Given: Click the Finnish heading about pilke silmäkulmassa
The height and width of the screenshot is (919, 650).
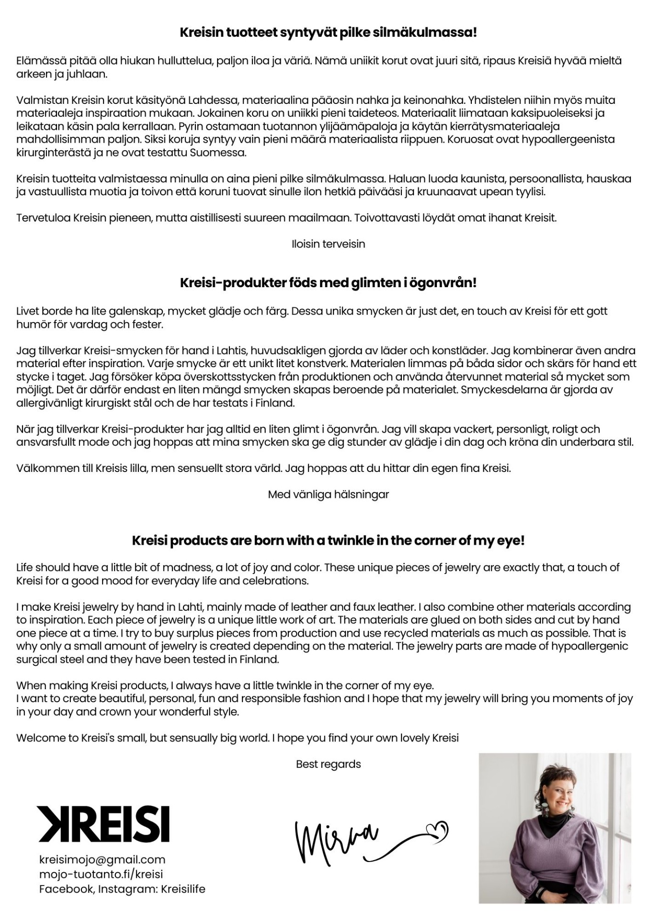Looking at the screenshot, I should pos(328,33).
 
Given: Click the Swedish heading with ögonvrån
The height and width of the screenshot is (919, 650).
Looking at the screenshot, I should pos(328,283).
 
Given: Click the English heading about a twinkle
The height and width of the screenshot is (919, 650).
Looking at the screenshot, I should pos(328,541).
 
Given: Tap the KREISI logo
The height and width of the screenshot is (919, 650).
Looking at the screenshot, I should pos(103,824).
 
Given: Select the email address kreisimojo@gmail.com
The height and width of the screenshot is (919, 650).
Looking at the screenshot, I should pos(102,860).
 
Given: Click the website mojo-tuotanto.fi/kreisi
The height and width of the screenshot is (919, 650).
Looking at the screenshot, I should pos(101,874).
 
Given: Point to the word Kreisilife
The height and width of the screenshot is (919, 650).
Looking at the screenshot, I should pos(183,889).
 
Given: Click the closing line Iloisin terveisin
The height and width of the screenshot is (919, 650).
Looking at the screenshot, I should pos(328,244).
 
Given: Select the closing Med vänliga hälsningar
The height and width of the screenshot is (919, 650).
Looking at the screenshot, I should pos(328,494).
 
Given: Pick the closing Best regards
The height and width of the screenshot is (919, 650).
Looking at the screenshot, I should pos(328,764).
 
